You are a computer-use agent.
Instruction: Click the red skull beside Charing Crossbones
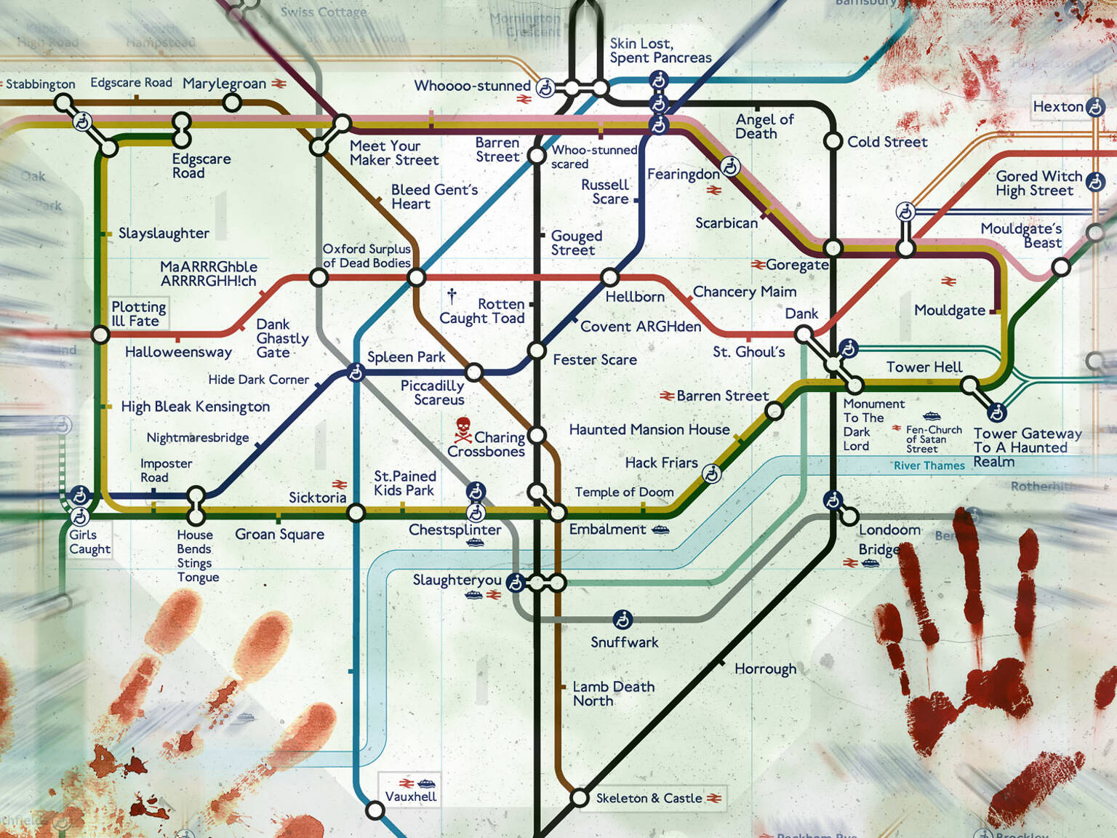[x=463, y=429]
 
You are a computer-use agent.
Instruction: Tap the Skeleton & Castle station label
[x=649, y=798]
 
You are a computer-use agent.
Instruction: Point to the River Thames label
[x=929, y=466]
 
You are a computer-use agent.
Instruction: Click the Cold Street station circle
[x=833, y=141]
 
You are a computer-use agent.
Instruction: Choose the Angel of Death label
[x=764, y=126]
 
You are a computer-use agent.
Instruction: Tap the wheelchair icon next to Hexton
[x=1095, y=108]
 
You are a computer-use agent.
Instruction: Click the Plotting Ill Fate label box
[x=138, y=314]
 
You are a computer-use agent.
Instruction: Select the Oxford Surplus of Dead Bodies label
[x=367, y=256]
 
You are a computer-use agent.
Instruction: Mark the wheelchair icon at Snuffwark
[x=622, y=620]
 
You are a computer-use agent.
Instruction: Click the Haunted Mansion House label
[x=649, y=429]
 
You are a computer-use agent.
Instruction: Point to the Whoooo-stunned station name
[x=472, y=86]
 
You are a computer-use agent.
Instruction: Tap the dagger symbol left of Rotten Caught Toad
[x=452, y=296]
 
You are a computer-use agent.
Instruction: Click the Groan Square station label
[x=279, y=534]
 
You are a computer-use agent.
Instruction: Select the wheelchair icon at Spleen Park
[x=356, y=372]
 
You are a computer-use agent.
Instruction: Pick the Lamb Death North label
[x=612, y=693]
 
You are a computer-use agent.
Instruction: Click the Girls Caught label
[x=89, y=542]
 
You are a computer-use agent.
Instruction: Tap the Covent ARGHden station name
[x=640, y=327]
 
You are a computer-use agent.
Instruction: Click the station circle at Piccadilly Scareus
[x=474, y=372]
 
